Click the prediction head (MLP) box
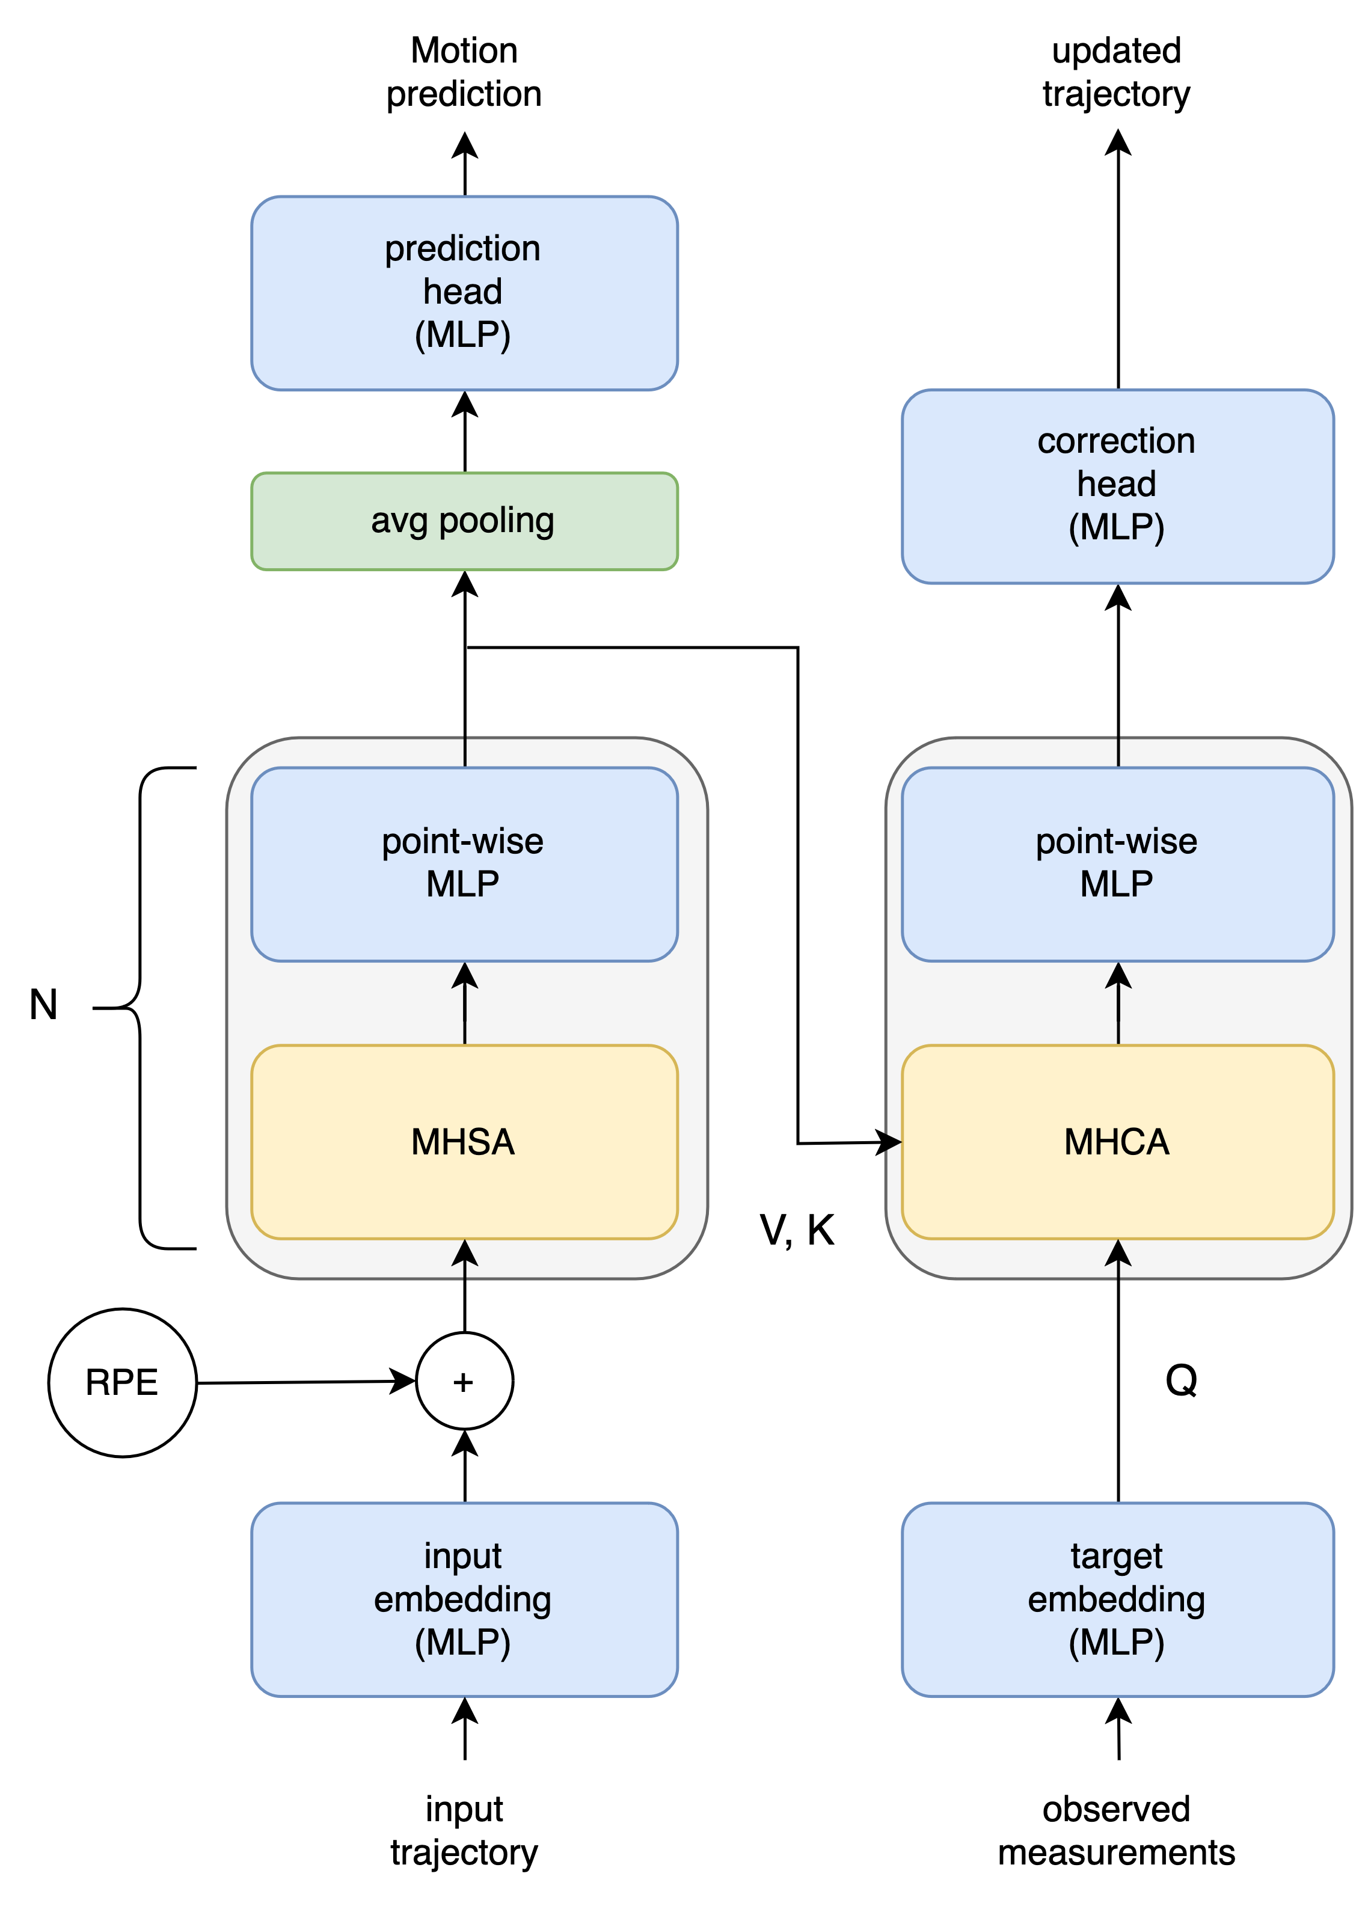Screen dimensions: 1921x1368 464,293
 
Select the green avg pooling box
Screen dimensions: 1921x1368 464,521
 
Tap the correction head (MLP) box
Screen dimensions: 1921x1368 1117,486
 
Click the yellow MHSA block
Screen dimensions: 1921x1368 464,1142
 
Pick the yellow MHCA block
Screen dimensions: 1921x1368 1117,1142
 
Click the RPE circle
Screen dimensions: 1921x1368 122,1382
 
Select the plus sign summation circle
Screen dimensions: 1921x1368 464,1381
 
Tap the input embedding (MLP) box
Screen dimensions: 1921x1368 464,1599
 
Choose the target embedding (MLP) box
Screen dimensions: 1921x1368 1117,1599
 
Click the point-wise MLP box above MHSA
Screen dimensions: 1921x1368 464,863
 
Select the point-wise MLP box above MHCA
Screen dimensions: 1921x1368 1117,863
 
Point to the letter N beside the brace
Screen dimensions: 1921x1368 44,1005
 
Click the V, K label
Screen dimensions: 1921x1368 797,1230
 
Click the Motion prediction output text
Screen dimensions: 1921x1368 464,72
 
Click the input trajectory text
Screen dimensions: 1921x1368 464,1832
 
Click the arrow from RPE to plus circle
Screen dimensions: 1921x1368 303,1382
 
